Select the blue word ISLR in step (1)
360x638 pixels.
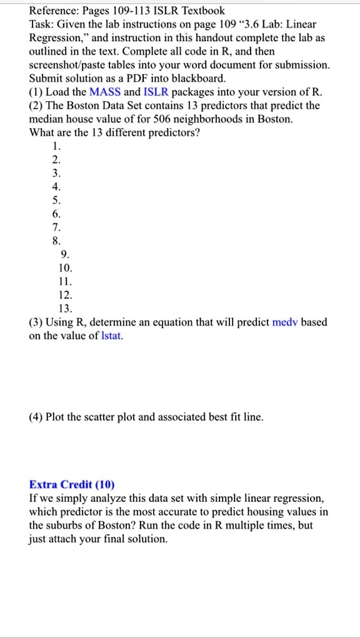click(x=156, y=92)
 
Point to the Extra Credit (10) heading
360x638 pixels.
click(x=72, y=485)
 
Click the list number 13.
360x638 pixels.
click(x=65, y=309)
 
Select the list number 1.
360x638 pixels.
click(x=57, y=146)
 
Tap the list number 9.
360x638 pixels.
click(x=65, y=254)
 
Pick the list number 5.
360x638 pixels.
click(x=57, y=201)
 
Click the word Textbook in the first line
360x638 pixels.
click(x=202, y=11)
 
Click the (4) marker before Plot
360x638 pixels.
click(x=36, y=417)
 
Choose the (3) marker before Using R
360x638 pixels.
click(x=36, y=322)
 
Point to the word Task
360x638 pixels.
click(x=42, y=24)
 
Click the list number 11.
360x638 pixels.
click(x=65, y=282)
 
